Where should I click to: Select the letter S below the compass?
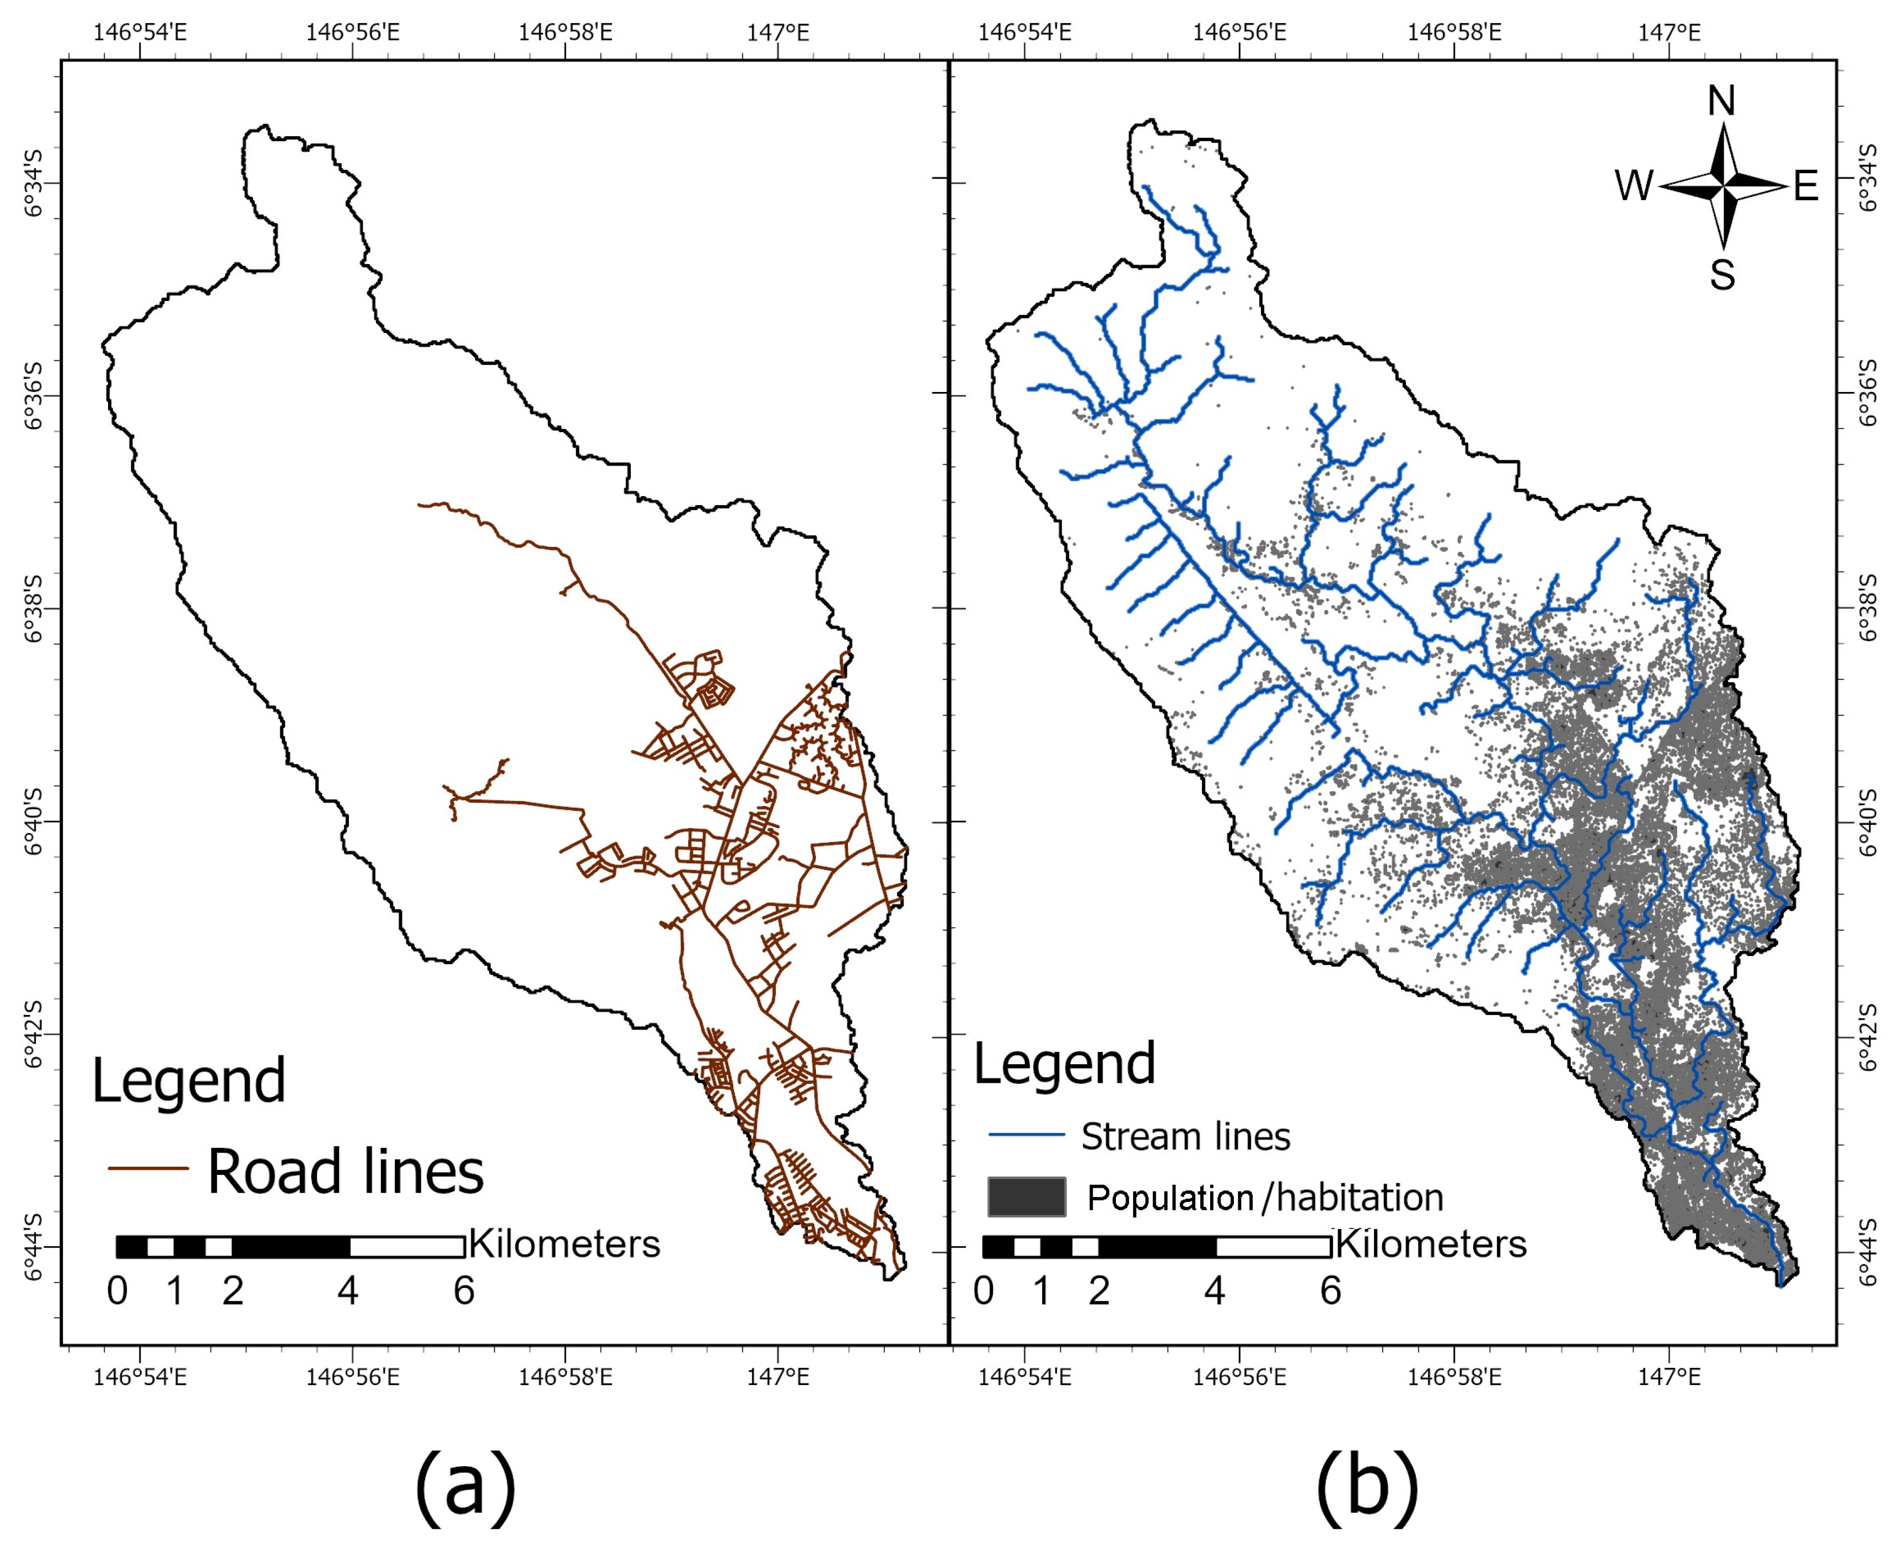tap(1721, 275)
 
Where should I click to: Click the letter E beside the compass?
tap(1805, 187)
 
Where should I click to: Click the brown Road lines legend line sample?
tap(148, 1168)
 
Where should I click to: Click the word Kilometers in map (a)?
tap(565, 1243)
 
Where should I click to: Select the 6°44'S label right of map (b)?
tap(1868, 1251)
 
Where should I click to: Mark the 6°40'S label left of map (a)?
tap(32, 821)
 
